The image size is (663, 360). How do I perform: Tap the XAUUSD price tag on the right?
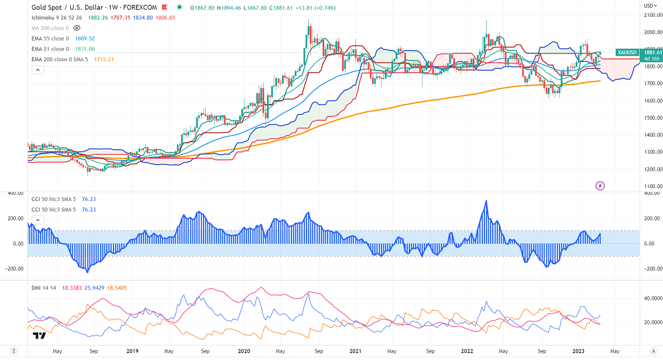pos(627,52)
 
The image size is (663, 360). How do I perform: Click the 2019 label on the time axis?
pos(132,351)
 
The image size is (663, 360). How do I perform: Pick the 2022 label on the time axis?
pos(468,351)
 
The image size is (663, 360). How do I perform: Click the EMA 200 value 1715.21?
pos(103,59)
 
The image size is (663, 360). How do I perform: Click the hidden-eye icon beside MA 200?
pos(77,28)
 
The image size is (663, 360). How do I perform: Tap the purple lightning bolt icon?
pos(600,185)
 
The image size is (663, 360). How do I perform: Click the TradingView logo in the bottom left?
pos(39,336)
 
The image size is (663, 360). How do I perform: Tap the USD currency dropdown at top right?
pos(650,6)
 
